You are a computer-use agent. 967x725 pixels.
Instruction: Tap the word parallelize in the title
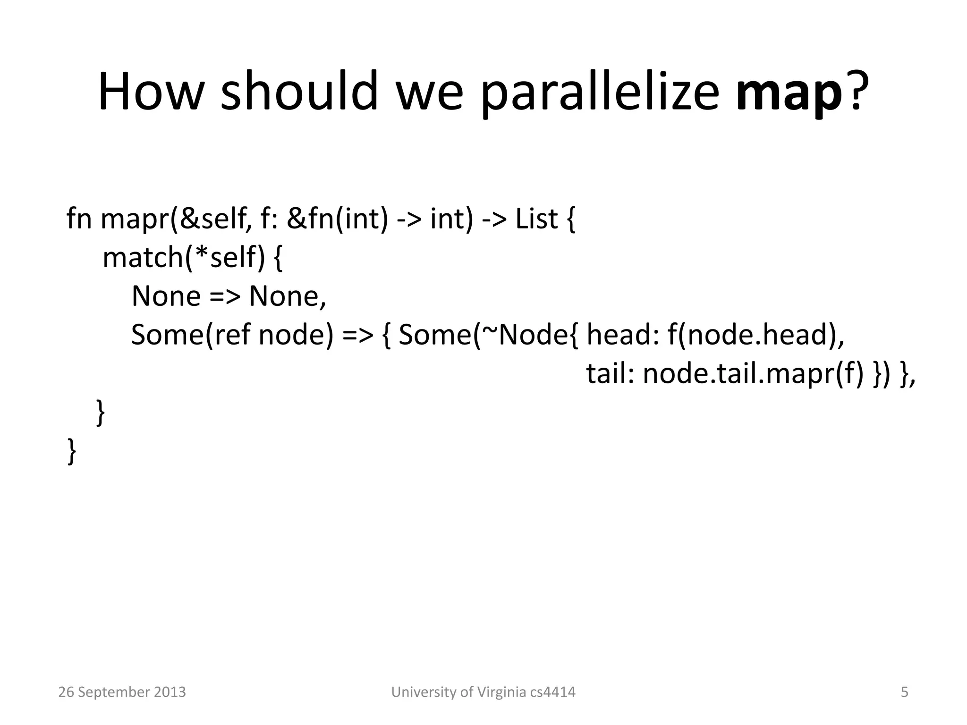600,92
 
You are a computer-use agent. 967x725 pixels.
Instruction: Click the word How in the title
150,92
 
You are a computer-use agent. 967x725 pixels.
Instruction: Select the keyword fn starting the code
79,219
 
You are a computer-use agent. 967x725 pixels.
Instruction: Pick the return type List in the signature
536,219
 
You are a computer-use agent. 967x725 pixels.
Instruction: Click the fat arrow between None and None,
225,296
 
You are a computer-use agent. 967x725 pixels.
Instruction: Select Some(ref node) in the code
231,335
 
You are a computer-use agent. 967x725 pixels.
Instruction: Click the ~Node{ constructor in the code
529,335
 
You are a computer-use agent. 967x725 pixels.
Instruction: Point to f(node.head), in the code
755,335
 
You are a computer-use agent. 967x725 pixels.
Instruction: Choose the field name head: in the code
622,335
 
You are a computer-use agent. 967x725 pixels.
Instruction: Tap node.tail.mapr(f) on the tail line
753,374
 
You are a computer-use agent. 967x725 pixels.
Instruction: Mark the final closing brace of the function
72,452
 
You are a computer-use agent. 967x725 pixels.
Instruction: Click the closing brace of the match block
100,413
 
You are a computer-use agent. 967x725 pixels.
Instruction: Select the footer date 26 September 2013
122,692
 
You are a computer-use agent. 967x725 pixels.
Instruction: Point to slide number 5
904,692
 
